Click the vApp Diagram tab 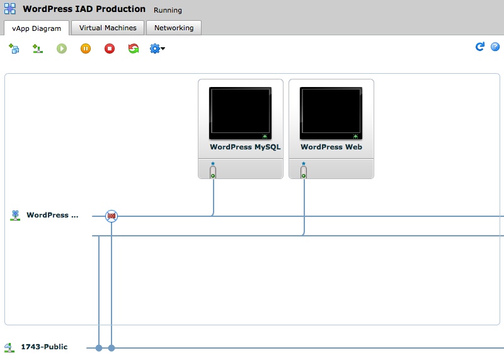point(37,28)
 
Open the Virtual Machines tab point(108,28)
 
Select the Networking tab point(174,28)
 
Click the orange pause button point(86,49)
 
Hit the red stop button point(110,49)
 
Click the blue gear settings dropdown point(157,49)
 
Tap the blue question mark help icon point(495,47)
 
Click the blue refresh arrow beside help point(480,47)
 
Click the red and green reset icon point(134,49)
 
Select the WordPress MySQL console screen point(240,113)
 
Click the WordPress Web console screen point(331,113)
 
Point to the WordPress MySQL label point(245,147)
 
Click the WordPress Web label point(331,147)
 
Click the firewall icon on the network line point(112,216)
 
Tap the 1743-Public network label point(44,347)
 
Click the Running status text point(168,10)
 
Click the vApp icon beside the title point(10,9)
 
